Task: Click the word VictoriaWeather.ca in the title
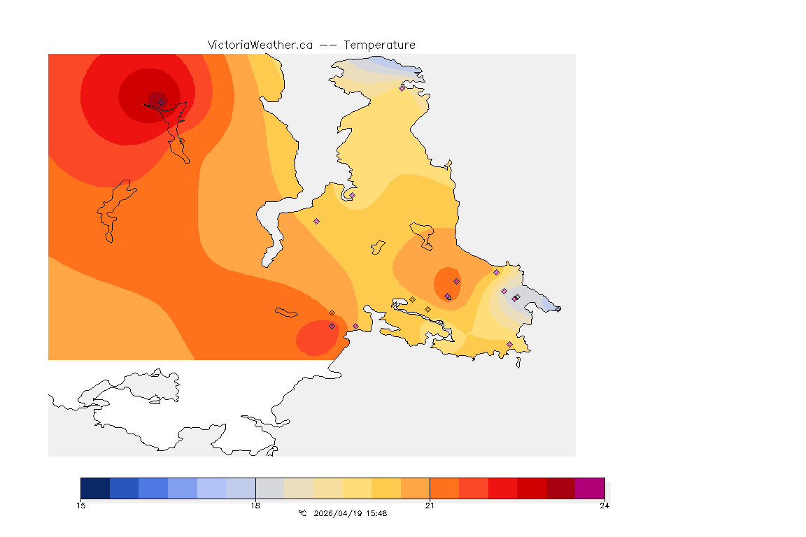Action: point(260,45)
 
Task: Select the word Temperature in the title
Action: point(379,45)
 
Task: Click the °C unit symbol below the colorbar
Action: point(302,513)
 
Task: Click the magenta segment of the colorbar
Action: point(589,488)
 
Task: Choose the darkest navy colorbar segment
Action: point(95,488)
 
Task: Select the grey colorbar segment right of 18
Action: point(269,488)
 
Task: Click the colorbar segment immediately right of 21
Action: point(444,488)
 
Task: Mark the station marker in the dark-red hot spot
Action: point(161,102)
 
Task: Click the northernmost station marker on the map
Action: point(402,88)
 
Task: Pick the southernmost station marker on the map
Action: point(509,344)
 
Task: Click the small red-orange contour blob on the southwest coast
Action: point(318,338)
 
